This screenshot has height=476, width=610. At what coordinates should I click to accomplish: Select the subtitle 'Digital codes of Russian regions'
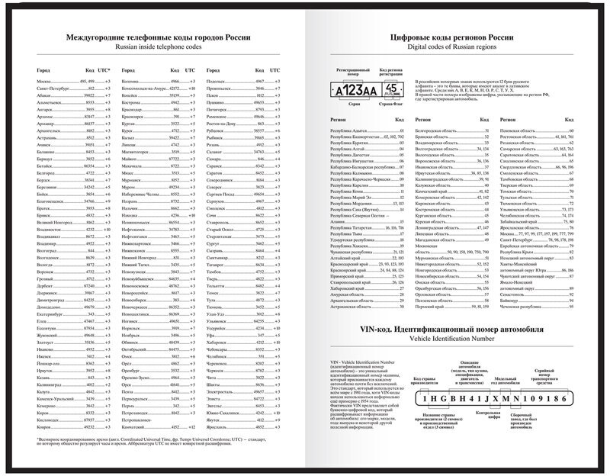pos(457,47)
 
